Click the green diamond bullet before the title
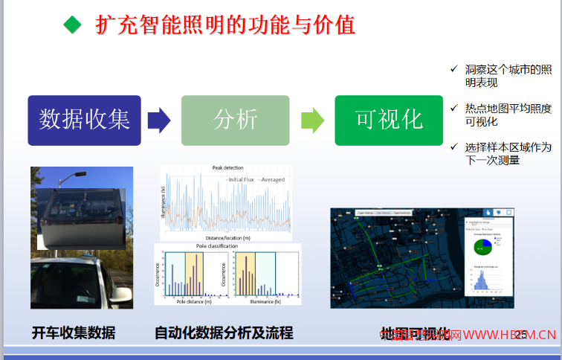point(71,25)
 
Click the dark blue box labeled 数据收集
point(84,120)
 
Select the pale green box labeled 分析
point(236,120)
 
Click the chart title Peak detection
point(227,168)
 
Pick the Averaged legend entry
point(271,179)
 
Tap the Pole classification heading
point(217,246)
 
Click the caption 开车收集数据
point(74,333)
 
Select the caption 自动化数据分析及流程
point(224,333)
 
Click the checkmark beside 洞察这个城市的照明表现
point(453,68)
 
